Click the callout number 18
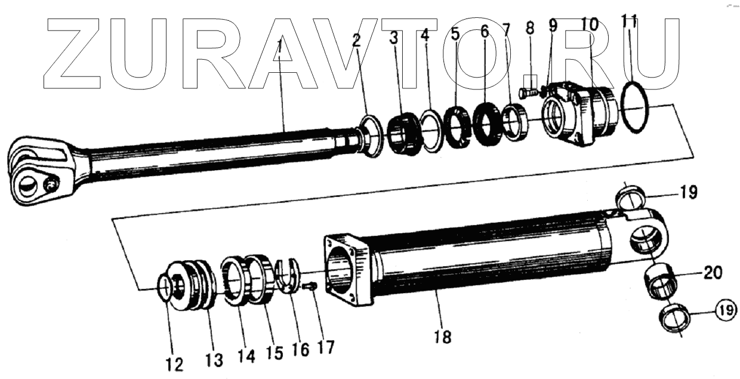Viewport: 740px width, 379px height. pyautogui.click(x=443, y=337)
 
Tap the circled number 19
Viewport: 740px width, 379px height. pyautogui.click(x=726, y=310)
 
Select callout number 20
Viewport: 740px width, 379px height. pyautogui.click(x=713, y=273)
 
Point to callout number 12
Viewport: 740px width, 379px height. pyautogui.click(x=174, y=365)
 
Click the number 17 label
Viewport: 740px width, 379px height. pyautogui.click(x=325, y=347)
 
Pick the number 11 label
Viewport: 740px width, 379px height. pyautogui.click(x=630, y=21)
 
